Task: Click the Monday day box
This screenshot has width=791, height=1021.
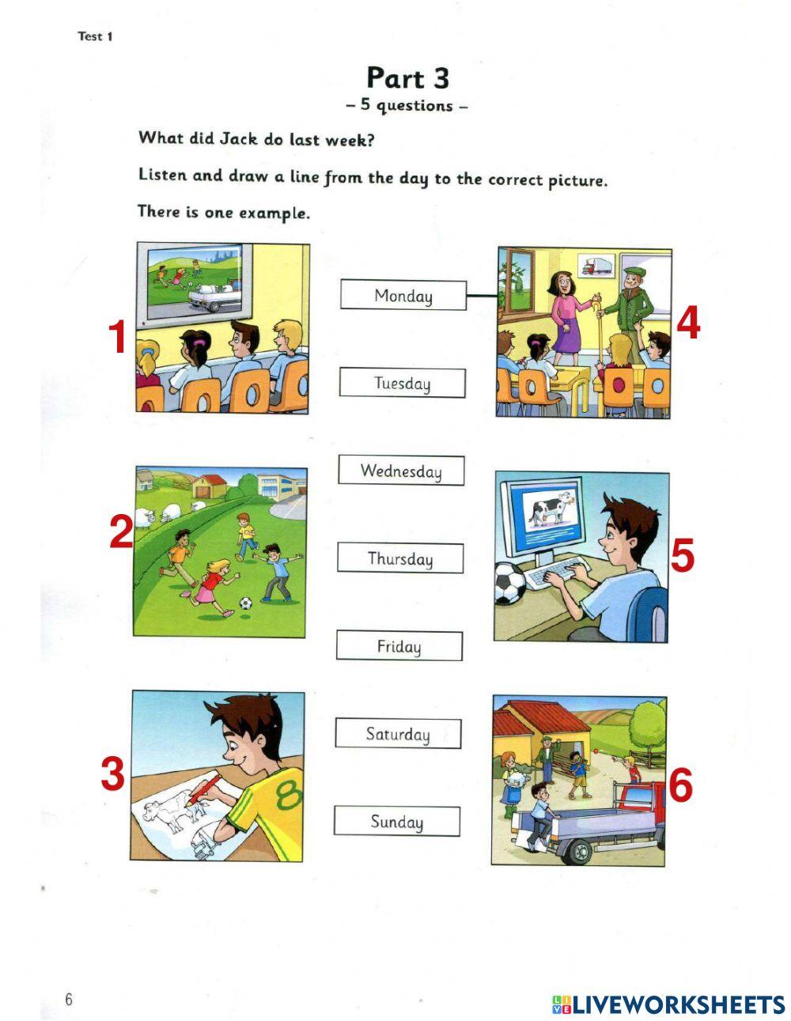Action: [x=403, y=295]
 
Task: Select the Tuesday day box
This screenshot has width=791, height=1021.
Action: [x=402, y=383]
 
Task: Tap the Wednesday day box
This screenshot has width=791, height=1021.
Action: [x=401, y=471]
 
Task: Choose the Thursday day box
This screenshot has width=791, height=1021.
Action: [x=400, y=558]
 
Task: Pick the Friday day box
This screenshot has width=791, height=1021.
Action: [x=399, y=646]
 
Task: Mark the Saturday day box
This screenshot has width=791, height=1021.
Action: [x=398, y=734]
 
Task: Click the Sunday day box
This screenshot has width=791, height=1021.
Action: [x=396, y=822]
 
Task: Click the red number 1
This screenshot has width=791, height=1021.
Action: [x=118, y=338]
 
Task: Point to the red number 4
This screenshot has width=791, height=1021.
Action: [x=688, y=323]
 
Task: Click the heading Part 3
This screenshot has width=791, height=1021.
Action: [x=407, y=78]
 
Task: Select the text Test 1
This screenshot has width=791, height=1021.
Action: [x=95, y=36]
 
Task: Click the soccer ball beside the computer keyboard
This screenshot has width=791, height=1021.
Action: [x=510, y=583]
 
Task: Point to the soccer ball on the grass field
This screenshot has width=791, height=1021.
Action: [x=246, y=603]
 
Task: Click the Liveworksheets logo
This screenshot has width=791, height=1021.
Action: [x=668, y=1004]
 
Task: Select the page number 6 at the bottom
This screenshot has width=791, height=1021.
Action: [x=69, y=1000]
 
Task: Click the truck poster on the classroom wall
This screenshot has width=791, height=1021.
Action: [x=598, y=267]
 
